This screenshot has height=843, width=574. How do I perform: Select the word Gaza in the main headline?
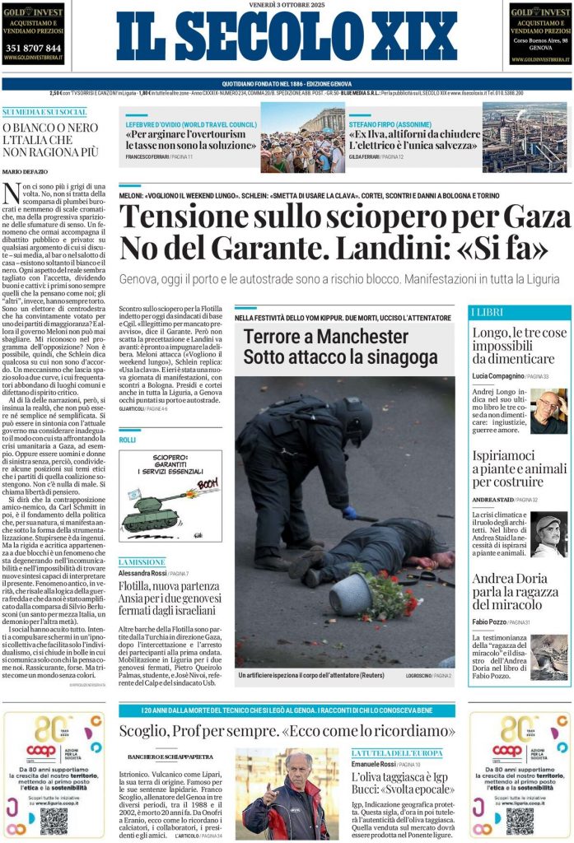coord(539,217)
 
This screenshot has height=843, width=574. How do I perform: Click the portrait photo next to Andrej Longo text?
coord(548,411)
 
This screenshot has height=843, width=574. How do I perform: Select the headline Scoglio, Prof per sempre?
coord(287,731)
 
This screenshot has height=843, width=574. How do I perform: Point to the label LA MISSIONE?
coord(141,561)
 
